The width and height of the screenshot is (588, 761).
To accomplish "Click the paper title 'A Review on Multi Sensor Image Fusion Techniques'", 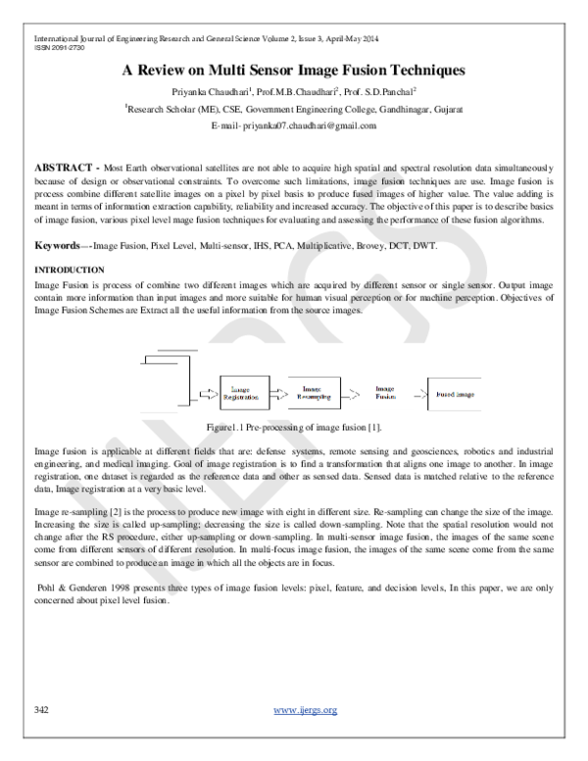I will click(x=293, y=71).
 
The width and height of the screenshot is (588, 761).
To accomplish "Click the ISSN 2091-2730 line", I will click(x=48, y=47).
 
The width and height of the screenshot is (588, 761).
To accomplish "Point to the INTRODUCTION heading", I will click(x=70, y=269).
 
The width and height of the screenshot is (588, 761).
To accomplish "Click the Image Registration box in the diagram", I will click(x=240, y=393).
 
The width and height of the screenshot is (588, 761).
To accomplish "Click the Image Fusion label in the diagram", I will click(x=385, y=394).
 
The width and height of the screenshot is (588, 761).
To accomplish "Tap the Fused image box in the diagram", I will click(x=456, y=394).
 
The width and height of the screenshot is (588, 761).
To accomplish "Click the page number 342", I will click(x=42, y=709).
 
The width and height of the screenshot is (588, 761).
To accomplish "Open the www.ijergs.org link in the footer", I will click(x=305, y=709).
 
